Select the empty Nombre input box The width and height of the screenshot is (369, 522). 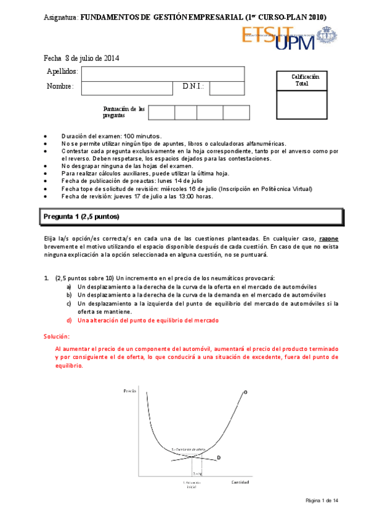tap(127, 87)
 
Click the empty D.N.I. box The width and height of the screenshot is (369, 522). tap(227, 87)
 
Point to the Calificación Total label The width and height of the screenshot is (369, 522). tap(306, 80)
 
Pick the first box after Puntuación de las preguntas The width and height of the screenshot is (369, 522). tap(161, 112)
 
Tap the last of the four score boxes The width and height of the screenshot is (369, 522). tap(236, 112)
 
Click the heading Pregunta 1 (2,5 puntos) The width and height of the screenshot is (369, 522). tap(81, 217)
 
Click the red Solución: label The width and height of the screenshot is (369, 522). tap(57, 336)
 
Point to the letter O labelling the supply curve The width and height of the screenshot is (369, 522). tap(245, 392)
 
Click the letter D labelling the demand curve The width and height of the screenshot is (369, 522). tap(219, 457)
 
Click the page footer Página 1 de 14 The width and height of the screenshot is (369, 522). tap(322, 500)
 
